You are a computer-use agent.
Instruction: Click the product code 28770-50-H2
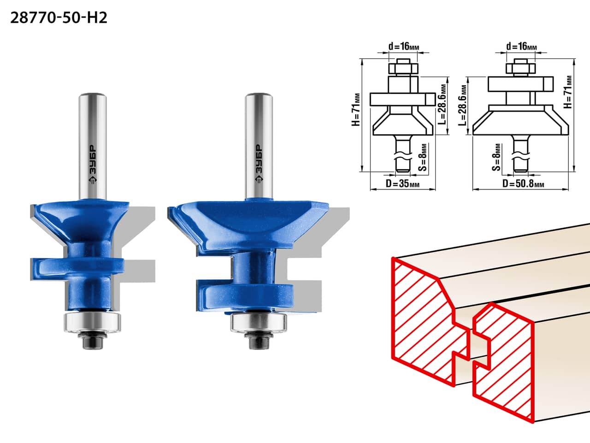coord(59,18)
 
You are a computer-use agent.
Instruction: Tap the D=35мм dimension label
coord(402,183)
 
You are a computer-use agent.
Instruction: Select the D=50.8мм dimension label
coord(523,184)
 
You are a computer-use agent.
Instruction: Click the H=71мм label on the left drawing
coord(355,110)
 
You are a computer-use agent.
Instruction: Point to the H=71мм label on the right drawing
coord(568,92)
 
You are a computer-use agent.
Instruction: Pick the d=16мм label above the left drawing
coord(403,47)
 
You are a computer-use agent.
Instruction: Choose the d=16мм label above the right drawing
coord(521,47)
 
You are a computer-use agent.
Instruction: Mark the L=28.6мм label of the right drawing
coord(463,106)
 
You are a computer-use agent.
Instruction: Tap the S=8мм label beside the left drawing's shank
coord(422,158)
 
